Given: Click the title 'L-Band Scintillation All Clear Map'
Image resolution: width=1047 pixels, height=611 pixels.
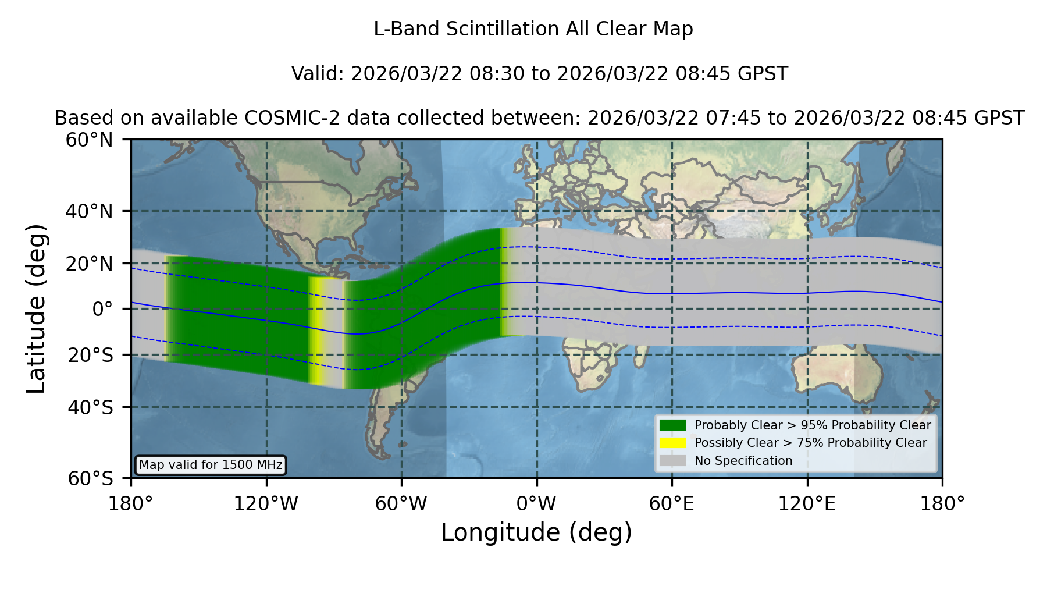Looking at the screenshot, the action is tap(533, 29).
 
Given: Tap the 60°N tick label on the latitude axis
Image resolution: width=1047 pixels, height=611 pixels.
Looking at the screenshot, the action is tap(90, 140).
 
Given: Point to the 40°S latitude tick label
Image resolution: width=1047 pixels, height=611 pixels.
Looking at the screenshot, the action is tap(91, 407).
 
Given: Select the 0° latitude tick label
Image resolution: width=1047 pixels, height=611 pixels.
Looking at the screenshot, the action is tap(102, 309).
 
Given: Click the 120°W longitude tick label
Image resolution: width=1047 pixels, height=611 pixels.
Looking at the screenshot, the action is tap(266, 503).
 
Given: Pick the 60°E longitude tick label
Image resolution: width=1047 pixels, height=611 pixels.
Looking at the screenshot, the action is tap(672, 503).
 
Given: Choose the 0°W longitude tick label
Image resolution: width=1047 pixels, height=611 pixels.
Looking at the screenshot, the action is tap(537, 503).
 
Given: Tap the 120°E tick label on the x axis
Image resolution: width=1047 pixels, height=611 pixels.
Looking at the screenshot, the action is tap(807, 503).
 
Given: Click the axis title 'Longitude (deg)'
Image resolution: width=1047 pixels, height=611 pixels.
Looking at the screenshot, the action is tap(536, 532).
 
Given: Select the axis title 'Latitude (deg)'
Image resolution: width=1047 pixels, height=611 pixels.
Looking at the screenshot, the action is tap(37, 309).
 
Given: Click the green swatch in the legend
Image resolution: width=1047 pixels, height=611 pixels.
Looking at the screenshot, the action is tap(672, 425).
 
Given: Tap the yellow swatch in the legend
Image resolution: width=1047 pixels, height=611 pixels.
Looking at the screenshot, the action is tap(672, 443).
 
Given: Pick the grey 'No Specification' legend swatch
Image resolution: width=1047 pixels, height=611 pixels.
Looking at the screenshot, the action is tap(672, 461).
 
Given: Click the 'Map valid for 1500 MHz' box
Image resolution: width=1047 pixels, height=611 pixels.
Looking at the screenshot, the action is tap(211, 465).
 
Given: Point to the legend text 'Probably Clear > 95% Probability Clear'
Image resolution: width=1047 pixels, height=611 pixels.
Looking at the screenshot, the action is tap(813, 425).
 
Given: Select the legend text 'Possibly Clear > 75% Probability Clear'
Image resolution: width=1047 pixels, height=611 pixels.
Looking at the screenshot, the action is tap(810, 443).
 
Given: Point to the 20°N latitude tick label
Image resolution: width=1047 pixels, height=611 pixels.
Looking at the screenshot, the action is tap(90, 264).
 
